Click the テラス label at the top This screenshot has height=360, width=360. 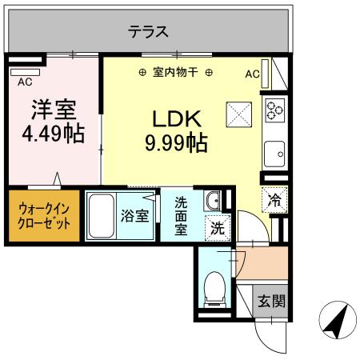coord(149,32)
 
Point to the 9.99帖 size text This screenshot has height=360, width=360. coord(177,143)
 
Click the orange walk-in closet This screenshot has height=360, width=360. coord(43,214)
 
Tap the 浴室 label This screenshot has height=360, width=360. coord(134,215)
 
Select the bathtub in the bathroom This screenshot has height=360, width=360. coord(101,215)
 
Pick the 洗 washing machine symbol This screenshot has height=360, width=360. coord(217,226)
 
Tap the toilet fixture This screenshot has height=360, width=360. coord(214,288)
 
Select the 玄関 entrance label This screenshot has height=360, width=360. coord(270,302)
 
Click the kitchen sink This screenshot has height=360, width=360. coord(275,150)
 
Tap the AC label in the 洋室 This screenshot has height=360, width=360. coord(25,82)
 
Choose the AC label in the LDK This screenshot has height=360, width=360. coord(252,74)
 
